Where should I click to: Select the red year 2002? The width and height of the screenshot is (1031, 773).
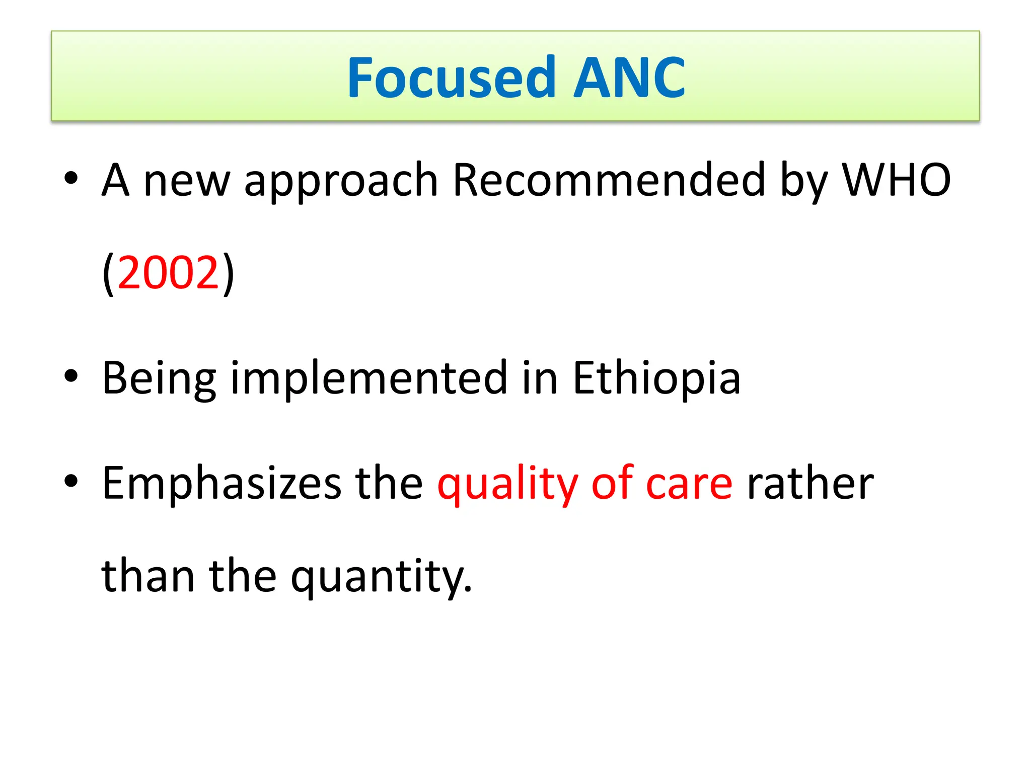pos(168,273)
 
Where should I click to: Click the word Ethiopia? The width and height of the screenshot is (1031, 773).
pos(656,378)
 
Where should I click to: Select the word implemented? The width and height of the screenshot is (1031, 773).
pos(369,378)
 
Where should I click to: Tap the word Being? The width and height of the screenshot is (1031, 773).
pos(159,378)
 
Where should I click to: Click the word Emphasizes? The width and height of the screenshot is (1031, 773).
pos(222,483)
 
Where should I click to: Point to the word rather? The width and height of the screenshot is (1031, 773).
pos(811,483)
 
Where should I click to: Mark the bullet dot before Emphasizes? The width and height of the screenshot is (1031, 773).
pos(71,481)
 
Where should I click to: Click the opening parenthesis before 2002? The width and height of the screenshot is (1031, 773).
pos(108,274)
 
